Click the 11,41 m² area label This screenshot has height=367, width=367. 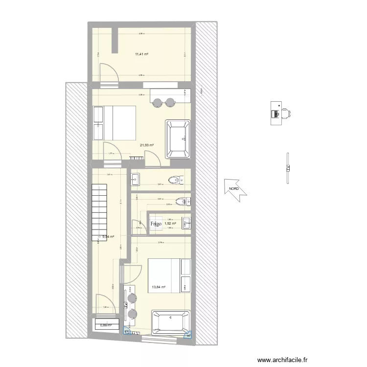[142, 54]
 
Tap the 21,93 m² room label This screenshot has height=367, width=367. [147, 145]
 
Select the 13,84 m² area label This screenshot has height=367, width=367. [158, 288]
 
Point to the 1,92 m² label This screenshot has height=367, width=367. [170, 224]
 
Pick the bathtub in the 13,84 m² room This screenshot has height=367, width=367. [170, 322]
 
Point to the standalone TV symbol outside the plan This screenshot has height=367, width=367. [287, 169]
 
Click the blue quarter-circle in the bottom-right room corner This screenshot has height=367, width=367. [188, 335]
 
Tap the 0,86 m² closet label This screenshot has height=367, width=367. [106, 325]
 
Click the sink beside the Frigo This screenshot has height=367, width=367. [186, 224]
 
